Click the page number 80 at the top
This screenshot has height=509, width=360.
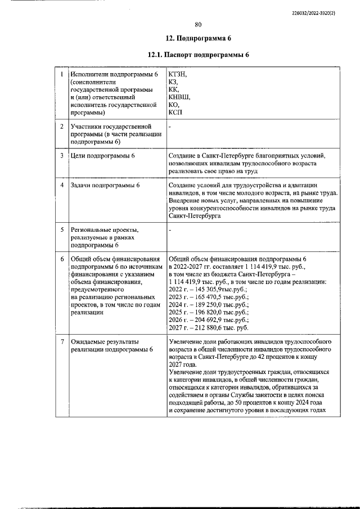[198, 24]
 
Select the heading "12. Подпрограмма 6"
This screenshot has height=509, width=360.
[198, 39]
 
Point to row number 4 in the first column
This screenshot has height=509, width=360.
[61, 185]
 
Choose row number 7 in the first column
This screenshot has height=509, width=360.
[61, 341]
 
